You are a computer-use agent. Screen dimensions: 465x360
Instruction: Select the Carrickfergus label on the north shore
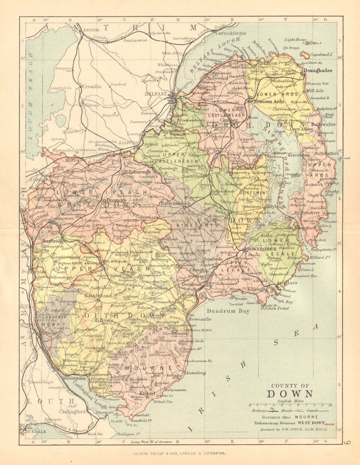(230, 33)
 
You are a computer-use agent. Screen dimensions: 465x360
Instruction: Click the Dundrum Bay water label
(230, 311)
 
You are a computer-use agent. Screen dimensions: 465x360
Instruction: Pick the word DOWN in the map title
(290, 394)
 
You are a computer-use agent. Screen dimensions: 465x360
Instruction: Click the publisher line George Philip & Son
(179, 454)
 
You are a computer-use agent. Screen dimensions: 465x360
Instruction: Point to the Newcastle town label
(200, 319)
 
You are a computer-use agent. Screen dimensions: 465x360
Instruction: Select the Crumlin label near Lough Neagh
(92, 87)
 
